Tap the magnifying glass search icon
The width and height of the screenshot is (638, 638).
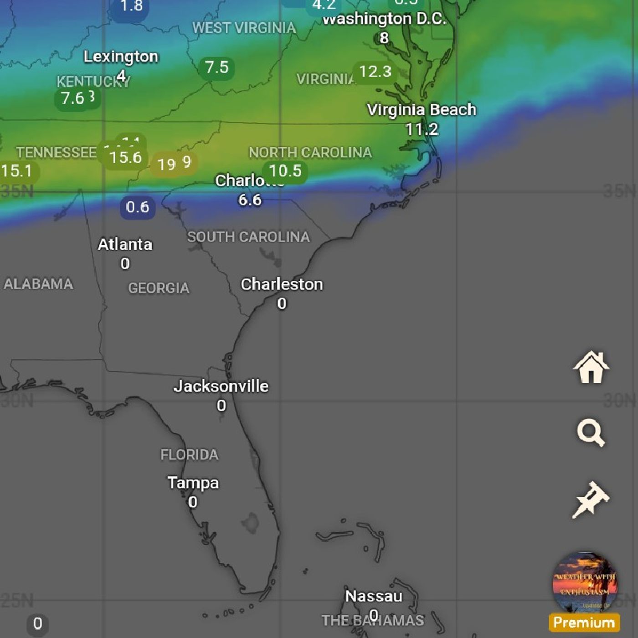591,433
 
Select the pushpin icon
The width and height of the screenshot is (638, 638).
591,499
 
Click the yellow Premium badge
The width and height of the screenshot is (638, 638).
584,623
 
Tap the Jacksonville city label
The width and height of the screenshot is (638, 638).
221,386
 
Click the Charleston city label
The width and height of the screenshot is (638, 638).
282,284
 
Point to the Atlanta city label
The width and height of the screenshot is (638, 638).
125,244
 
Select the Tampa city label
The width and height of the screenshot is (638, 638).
193,483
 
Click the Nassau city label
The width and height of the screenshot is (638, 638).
374,596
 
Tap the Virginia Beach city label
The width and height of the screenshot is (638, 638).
422,110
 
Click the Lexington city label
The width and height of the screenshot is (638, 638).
121,57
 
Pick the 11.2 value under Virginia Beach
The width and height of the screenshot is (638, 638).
422,129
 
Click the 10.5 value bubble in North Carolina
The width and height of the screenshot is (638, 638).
285,171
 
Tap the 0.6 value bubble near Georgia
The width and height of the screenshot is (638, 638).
138,207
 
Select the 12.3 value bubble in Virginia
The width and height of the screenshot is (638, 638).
375,72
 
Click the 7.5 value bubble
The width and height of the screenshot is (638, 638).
216,67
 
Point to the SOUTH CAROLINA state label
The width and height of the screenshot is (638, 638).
248,237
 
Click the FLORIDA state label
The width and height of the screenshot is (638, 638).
189,455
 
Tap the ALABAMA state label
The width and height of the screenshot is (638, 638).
38,284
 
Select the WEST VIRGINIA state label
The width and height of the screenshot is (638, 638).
244,28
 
